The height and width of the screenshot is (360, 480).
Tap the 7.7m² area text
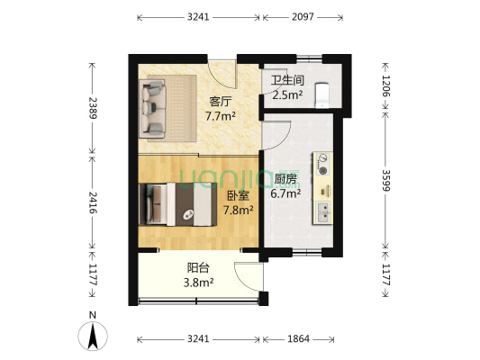(x=221, y=116)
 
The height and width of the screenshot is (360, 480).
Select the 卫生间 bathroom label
(x=286, y=79)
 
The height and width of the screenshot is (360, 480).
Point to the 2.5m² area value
(x=287, y=94)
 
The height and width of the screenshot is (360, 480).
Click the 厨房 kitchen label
(x=287, y=178)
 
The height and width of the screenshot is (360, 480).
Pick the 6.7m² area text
(x=287, y=193)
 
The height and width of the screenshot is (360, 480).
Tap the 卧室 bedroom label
(x=239, y=195)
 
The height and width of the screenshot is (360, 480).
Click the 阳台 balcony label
(x=199, y=267)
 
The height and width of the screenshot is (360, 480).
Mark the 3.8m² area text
(x=199, y=283)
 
